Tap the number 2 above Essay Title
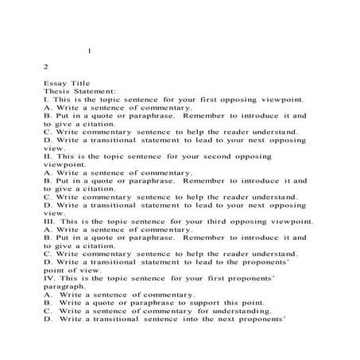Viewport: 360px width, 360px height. pyautogui.click(x=47, y=68)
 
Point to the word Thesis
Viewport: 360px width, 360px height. pyautogui.click(x=58, y=91)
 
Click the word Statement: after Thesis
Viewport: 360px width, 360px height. pyautogui.click(x=97, y=91)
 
